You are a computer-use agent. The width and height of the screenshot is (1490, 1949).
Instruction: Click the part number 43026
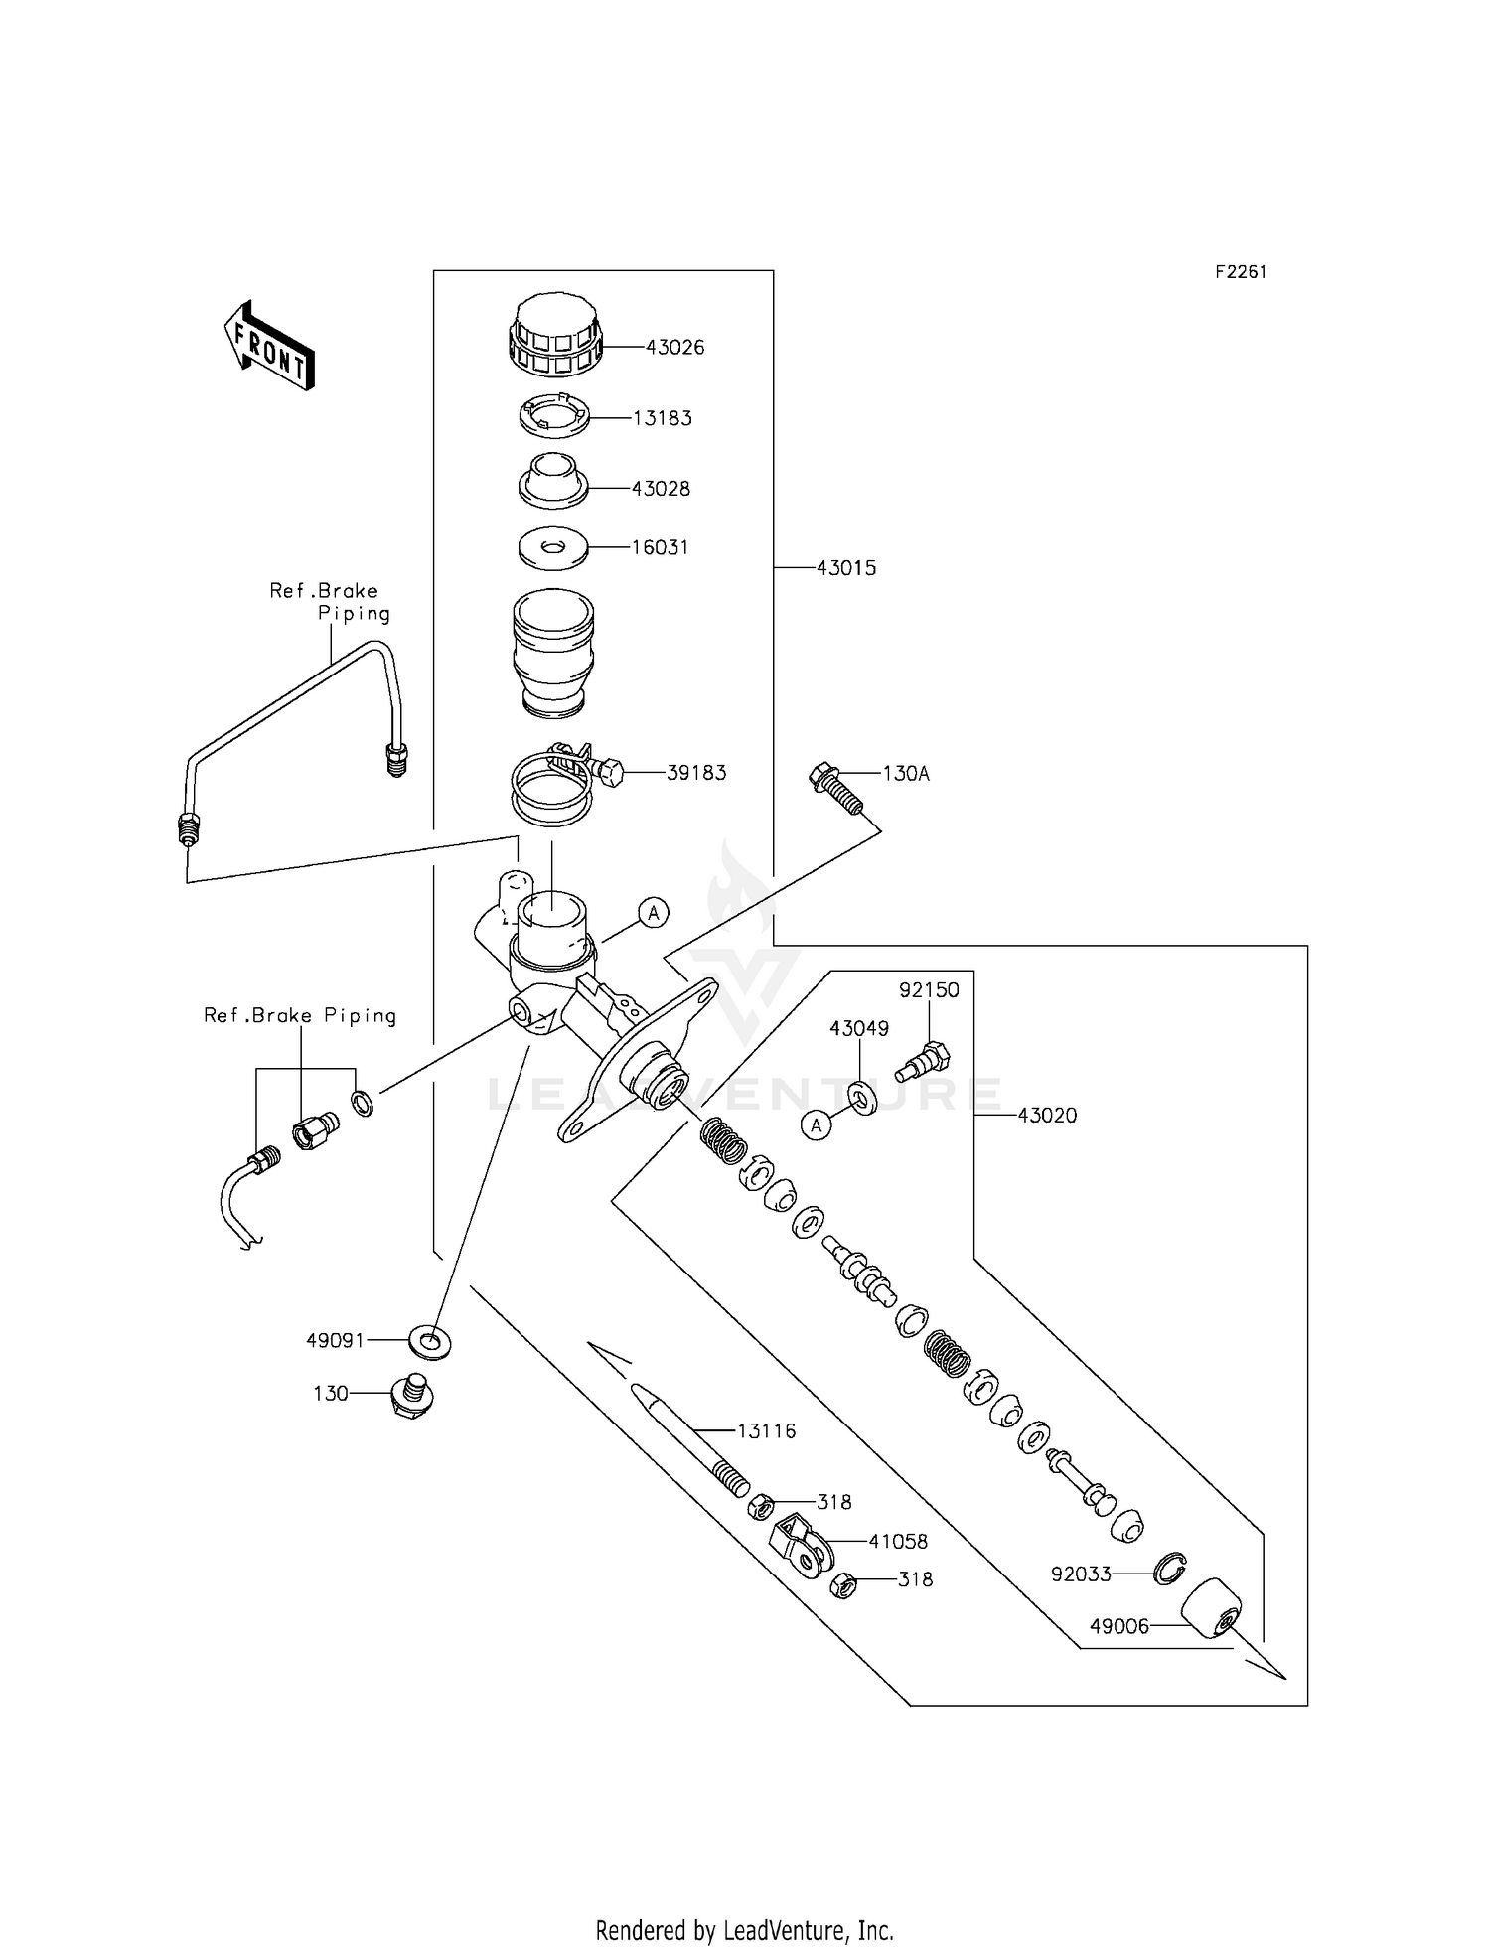click(x=674, y=348)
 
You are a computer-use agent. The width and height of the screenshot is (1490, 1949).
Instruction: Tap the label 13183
click(x=663, y=418)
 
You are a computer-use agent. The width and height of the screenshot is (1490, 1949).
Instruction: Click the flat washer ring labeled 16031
click(x=553, y=548)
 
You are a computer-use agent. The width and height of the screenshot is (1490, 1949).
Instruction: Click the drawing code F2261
click(x=1241, y=272)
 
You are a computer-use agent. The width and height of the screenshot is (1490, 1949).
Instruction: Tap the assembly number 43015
click(x=846, y=568)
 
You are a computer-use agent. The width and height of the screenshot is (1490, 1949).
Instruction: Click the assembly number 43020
click(x=1047, y=1116)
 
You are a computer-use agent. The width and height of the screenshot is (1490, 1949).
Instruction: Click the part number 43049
click(x=859, y=1029)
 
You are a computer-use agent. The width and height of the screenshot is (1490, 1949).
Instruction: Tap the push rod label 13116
click(x=766, y=1431)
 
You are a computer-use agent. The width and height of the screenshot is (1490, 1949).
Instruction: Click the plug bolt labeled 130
click(x=410, y=1395)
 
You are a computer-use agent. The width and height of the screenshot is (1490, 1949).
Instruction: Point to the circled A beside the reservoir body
click(x=653, y=912)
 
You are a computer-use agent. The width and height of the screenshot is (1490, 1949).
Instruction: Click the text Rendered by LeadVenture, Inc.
click(x=744, y=1930)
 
